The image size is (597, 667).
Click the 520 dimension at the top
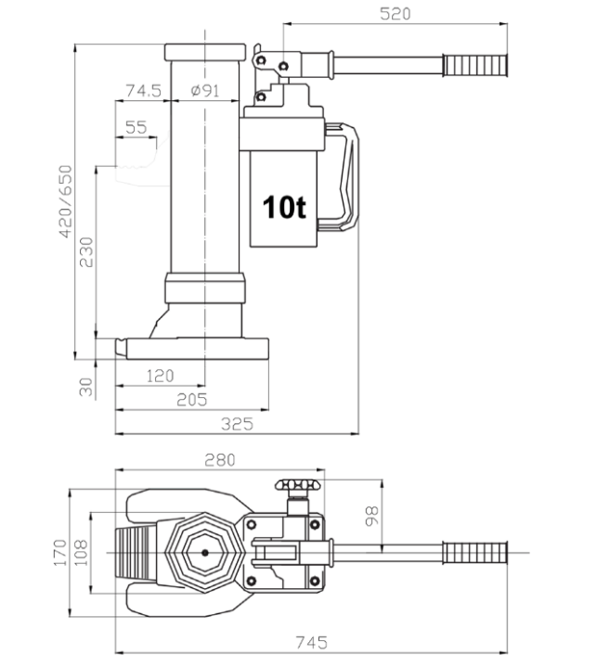click(396, 14)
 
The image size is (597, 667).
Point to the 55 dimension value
click(136, 128)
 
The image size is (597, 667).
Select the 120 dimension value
click(160, 375)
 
